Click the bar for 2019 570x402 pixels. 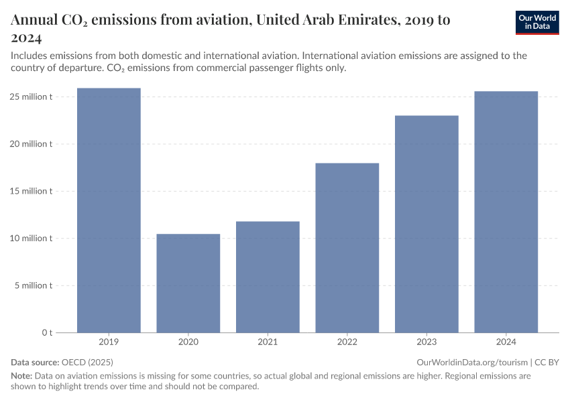pyautogui.click(x=109, y=210)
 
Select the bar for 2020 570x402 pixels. pyautogui.click(x=188, y=283)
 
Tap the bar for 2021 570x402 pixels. pyautogui.click(x=268, y=277)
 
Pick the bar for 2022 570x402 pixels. pyautogui.click(x=347, y=248)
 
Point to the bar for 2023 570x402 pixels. pyautogui.click(x=426, y=224)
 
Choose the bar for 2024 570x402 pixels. pyautogui.click(x=506, y=212)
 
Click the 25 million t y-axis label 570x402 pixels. pyautogui.click(x=31, y=97)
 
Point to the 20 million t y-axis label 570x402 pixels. pyautogui.click(x=31, y=144)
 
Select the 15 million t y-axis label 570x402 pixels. pyautogui.click(x=31, y=191)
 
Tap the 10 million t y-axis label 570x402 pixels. pyautogui.click(x=31, y=239)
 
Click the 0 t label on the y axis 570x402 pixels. pyautogui.click(x=48, y=332)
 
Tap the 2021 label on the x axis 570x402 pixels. pyautogui.click(x=268, y=342)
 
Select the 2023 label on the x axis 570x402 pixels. pyautogui.click(x=426, y=342)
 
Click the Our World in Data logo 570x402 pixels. pyautogui.click(x=536, y=22)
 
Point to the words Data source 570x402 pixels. pyautogui.click(x=34, y=362)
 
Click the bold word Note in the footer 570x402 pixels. pyautogui.click(x=21, y=376)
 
